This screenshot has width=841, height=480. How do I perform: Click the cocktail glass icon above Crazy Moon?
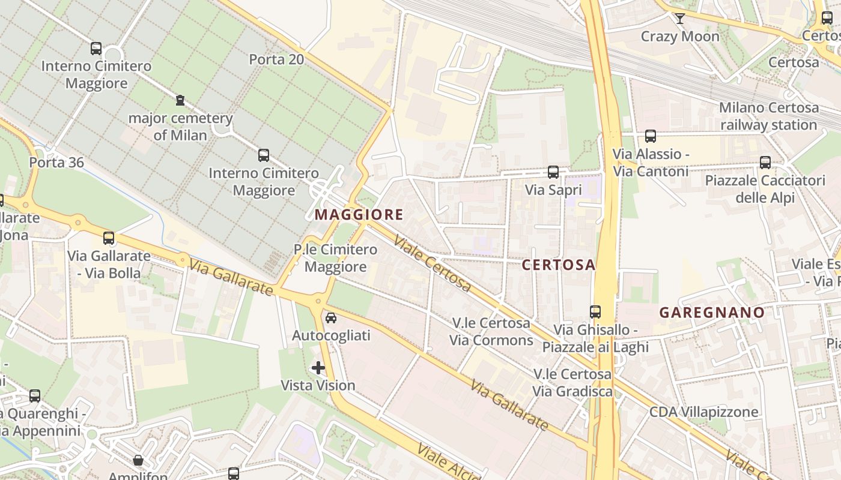(679, 19)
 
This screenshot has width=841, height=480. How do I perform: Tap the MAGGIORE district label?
(359, 214)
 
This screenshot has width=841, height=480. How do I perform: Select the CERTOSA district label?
(558, 265)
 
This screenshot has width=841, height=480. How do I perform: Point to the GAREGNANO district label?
(712, 312)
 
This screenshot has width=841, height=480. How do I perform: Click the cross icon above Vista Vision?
(318, 368)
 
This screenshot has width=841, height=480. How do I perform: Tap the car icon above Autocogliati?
(331, 318)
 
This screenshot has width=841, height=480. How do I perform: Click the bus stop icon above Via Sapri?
(553, 172)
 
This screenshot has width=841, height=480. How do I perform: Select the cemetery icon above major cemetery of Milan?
(180, 100)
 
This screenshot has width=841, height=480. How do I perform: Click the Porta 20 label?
(276, 59)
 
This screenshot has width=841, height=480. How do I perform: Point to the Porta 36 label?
(56, 163)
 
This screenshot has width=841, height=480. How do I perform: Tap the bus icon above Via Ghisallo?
(595, 312)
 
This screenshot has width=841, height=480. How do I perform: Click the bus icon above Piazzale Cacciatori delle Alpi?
(765, 163)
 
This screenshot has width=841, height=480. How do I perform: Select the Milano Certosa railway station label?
(769, 116)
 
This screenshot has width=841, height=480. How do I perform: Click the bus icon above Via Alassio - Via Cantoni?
(650, 136)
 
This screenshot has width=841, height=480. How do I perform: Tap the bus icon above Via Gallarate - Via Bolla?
(109, 238)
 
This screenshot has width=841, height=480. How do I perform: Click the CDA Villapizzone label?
(703, 412)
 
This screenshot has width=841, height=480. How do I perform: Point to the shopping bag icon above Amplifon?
(138, 460)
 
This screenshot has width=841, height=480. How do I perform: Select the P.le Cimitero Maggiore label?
(335, 258)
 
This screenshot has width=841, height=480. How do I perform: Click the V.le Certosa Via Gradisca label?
(572, 383)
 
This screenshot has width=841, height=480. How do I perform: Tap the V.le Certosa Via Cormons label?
(491, 332)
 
